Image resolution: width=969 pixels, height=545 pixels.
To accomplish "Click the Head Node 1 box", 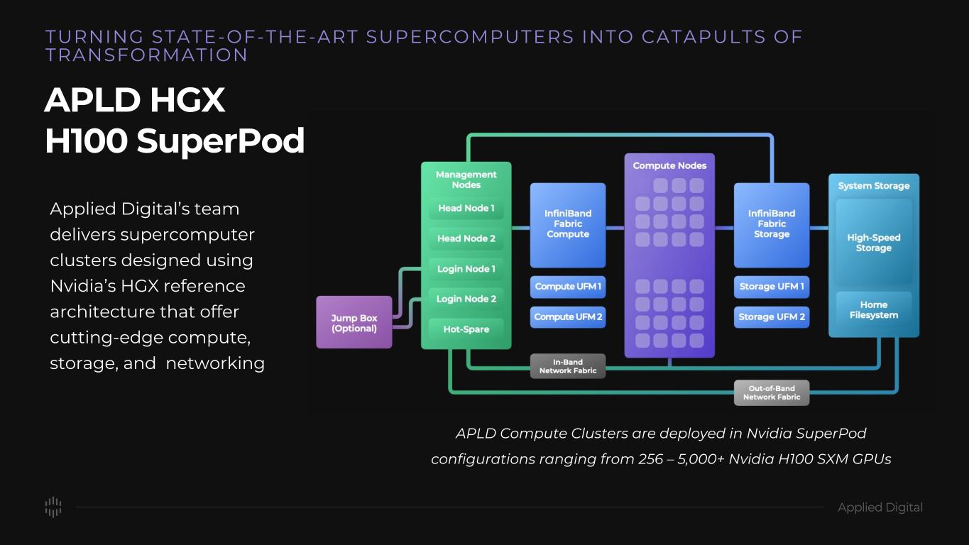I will click(466, 209).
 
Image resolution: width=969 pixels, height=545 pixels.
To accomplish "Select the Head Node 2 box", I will click(466, 238).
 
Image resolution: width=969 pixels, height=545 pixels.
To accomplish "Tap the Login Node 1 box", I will click(466, 269).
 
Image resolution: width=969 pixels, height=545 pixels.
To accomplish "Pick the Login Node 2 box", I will click(466, 299).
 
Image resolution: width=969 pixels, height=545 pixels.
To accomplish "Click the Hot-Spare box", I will click(466, 329).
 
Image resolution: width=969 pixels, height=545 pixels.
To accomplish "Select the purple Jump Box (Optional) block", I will click(354, 322).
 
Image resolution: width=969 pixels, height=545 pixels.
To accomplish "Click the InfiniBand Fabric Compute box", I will click(567, 224).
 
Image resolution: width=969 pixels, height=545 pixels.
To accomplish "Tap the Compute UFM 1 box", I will click(567, 287).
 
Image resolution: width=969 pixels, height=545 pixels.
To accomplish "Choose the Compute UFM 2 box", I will click(567, 316).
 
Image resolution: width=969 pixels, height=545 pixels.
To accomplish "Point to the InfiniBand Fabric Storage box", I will click(771, 224).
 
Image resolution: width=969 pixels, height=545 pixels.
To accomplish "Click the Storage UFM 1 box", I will click(771, 287).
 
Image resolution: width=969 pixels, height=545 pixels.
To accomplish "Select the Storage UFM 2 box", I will click(771, 316).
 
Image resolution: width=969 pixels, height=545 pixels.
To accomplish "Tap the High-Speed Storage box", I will click(873, 243).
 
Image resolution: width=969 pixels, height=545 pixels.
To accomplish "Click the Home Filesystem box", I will click(873, 310).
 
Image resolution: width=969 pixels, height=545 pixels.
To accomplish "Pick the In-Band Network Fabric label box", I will click(567, 366).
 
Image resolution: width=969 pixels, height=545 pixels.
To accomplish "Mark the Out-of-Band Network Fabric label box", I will click(771, 392).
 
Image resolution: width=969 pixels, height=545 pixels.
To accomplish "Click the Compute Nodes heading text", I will click(669, 165).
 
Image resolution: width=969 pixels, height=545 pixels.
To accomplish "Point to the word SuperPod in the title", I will click(221, 141).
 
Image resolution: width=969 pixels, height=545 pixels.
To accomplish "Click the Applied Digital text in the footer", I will click(880, 507).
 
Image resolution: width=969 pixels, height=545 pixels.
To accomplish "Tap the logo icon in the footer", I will click(53, 507).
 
